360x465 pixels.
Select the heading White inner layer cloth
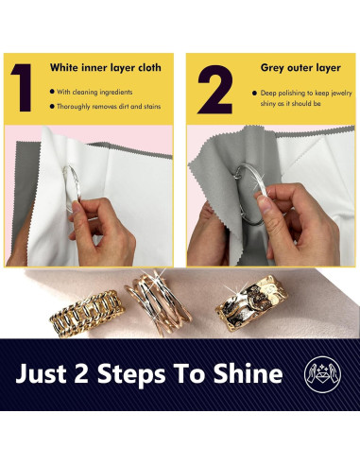click(107, 68)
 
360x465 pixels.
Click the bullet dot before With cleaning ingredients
click(53, 92)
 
